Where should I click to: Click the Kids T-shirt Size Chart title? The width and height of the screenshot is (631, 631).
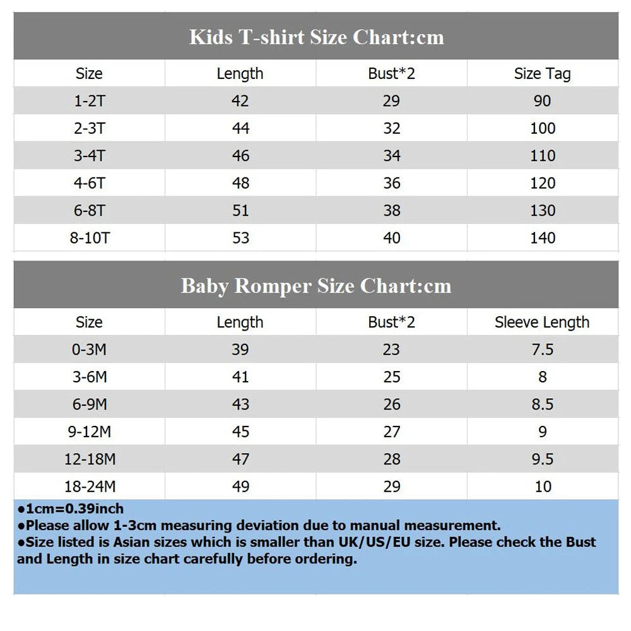[316, 37]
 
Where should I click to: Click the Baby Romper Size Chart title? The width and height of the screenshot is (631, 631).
[316, 286]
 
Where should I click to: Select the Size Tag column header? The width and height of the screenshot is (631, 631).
[542, 74]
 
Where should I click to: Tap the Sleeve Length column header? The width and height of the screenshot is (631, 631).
[542, 322]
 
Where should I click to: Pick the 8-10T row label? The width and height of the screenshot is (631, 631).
[90, 238]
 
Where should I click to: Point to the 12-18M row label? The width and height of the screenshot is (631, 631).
[90, 459]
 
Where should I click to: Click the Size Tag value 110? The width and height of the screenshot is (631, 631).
[543, 156]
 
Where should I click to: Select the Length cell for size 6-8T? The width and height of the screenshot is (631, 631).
[240, 211]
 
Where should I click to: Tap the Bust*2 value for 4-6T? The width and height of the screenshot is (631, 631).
[392, 183]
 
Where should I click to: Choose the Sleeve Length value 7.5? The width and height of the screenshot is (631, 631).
[543, 350]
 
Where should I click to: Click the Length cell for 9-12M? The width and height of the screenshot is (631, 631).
[240, 432]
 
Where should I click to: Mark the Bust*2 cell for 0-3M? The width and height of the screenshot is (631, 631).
[392, 350]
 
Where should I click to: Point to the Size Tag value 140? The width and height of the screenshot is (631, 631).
[543, 238]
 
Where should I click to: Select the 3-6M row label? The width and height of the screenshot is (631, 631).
[90, 377]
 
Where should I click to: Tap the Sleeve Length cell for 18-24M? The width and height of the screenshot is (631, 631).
[543, 487]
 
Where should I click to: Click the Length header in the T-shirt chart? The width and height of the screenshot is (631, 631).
[240, 74]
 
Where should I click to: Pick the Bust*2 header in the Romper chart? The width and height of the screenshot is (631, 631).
[391, 322]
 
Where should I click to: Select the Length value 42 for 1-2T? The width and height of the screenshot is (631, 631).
[240, 101]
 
